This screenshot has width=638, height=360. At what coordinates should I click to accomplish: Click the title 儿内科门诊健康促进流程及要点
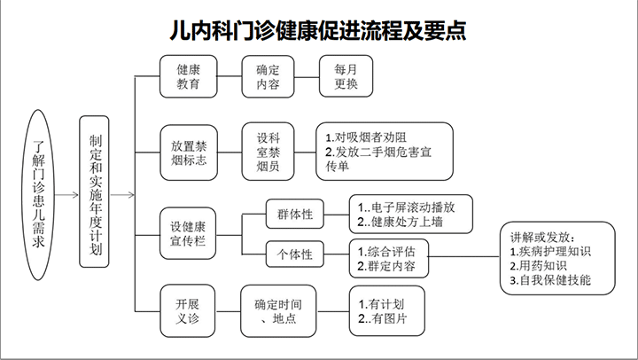[x=318, y=30]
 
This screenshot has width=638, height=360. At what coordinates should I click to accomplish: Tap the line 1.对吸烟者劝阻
[x=366, y=137]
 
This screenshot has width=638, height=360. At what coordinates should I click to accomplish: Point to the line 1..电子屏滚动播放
[x=408, y=205]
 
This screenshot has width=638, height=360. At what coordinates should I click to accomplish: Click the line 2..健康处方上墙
[x=401, y=221]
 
